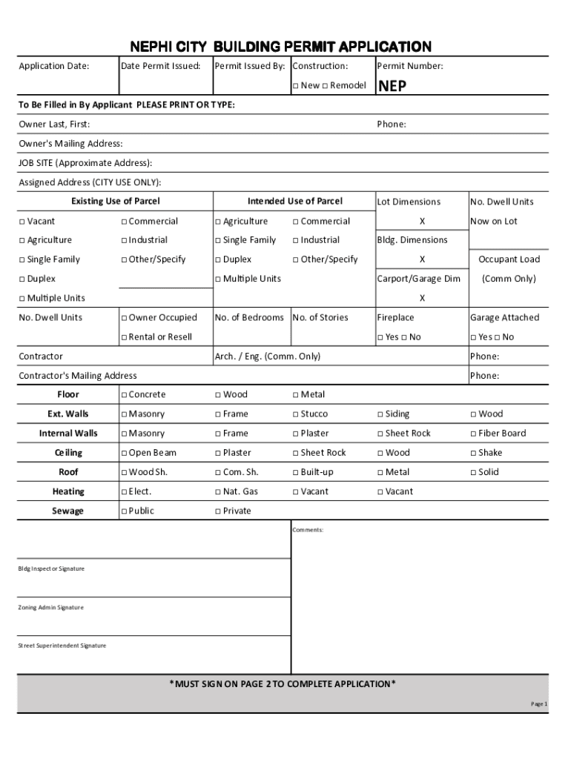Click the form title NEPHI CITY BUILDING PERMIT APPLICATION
coord(281,47)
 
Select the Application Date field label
coord(53,66)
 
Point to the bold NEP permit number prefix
coord(392,86)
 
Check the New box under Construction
coord(295,86)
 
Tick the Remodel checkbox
coord(325,86)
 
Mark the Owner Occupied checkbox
coord(124,318)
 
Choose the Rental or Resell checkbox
coord(124,337)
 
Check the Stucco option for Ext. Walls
coord(296,414)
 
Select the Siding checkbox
coord(380,414)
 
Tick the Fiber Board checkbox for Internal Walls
coord(473,434)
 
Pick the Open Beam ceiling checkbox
coord(124,453)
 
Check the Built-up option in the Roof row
coord(296,472)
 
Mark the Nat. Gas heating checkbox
coord(218,491)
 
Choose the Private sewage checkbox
coord(218,511)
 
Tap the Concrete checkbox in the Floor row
coord(124,395)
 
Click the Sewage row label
coord(67,511)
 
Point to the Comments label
coord(308,530)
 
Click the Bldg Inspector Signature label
coord(51,569)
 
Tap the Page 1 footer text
coord(538,703)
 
